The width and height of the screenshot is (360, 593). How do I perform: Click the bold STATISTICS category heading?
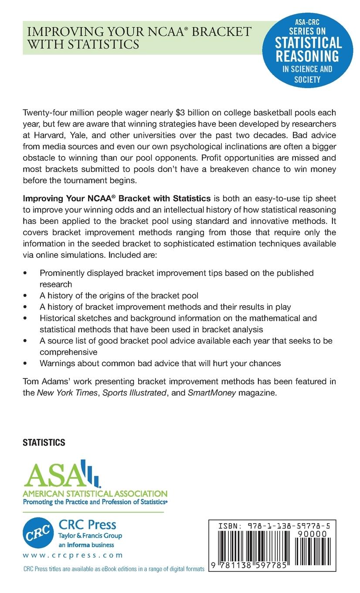[x=44, y=443]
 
